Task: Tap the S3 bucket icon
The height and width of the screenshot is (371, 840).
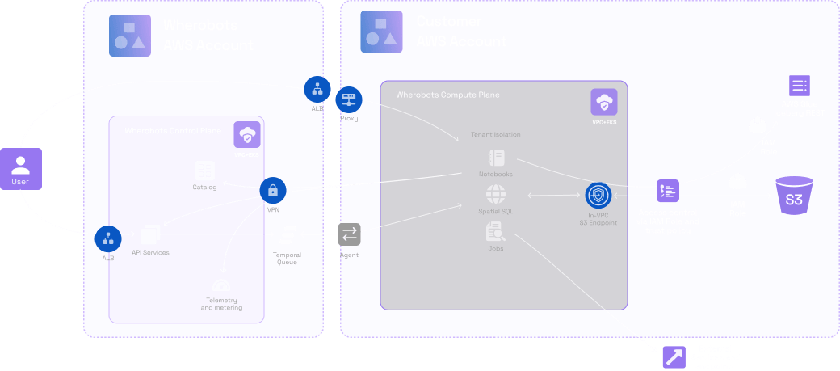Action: (793, 195)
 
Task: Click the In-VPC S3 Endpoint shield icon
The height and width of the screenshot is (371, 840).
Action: (597, 196)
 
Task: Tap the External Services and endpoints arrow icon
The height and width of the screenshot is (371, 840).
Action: (674, 356)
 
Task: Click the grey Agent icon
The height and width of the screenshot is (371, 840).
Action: (350, 235)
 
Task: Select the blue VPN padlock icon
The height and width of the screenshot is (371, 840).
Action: (273, 191)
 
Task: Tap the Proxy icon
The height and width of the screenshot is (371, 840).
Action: (349, 99)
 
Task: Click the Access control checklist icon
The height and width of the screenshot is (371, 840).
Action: (667, 191)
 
